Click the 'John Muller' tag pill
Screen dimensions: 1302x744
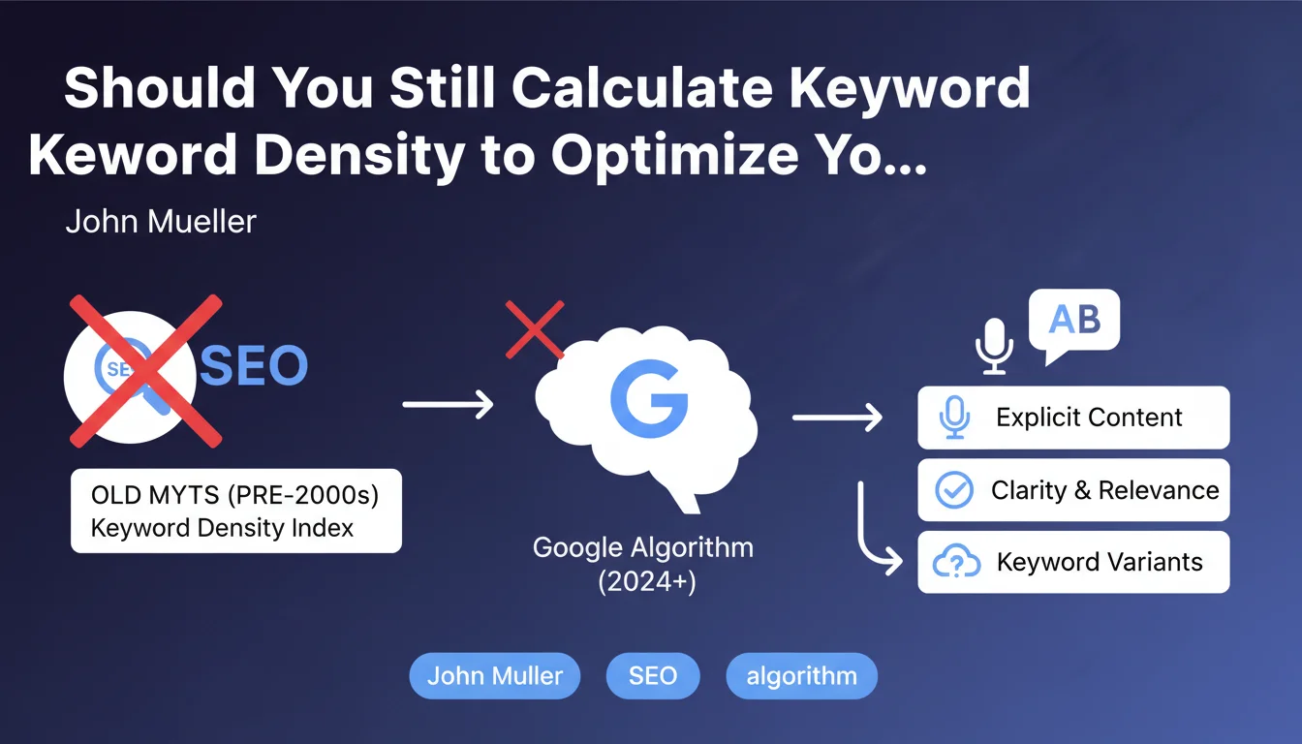[495, 675]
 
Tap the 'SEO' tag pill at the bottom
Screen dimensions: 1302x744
[653, 675]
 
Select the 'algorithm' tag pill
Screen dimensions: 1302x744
[801, 675]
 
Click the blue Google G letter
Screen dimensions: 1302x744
[649, 399]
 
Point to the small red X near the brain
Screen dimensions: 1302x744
[535, 329]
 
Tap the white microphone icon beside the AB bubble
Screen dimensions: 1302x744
[994, 346]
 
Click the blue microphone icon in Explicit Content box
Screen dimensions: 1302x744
[954, 418]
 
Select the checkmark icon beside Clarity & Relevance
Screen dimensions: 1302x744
[954, 490]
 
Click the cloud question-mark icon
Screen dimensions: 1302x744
[956, 561]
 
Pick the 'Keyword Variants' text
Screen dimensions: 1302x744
[1100, 562]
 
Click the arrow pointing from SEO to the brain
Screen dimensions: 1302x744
[448, 404]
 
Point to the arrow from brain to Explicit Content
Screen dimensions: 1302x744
[837, 418]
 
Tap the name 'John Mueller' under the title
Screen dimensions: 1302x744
[161, 222]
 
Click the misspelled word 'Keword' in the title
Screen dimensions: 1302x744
[133, 155]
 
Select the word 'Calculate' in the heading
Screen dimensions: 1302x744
[642, 87]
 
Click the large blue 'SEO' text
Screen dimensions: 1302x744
[254, 365]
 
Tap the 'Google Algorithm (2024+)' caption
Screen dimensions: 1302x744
[643, 564]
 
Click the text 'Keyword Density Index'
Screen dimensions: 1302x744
[222, 528]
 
